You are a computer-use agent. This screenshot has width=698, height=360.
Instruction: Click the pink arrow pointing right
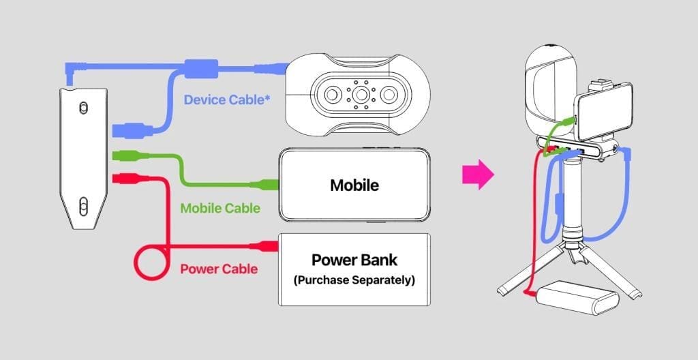pyautogui.click(x=478, y=175)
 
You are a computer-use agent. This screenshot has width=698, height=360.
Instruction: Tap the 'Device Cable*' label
pyautogui.click(x=226, y=100)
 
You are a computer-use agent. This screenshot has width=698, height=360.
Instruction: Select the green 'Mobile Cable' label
pyautogui.click(x=220, y=208)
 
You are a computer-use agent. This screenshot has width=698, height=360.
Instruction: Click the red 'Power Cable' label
pyautogui.click(x=219, y=269)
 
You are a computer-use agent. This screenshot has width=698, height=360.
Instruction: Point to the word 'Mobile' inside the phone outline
pyautogui.click(x=354, y=185)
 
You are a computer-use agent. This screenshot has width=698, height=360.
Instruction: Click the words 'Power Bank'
pyautogui.click(x=354, y=260)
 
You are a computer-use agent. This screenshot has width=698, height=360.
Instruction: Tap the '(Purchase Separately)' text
pyautogui.click(x=354, y=281)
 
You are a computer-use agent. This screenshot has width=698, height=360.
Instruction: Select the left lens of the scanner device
pyautogui.click(x=332, y=95)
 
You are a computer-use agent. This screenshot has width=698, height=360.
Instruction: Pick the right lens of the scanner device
pyautogui.click(x=389, y=95)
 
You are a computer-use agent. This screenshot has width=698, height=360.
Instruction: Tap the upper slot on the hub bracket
pyautogui.click(x=83, y=108)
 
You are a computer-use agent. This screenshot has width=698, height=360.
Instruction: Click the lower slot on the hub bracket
pyautogui.click(x=83, y=207)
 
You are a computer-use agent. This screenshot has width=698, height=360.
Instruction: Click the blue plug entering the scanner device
pyautogui.click(x=271, y=69)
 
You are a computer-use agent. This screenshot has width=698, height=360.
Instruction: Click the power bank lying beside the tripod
pyautogui.click(x=577, y=298)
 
